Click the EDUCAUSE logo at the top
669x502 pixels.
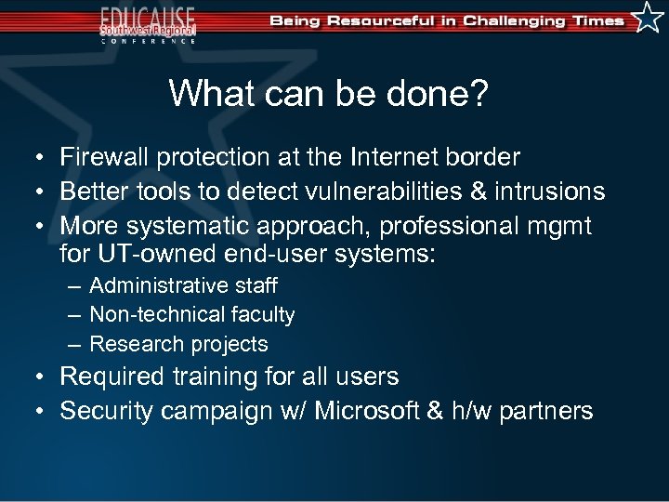click(149, 23)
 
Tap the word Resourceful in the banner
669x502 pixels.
click(381, 20)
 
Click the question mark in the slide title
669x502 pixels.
click(479, 93)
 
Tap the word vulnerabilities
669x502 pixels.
click(395, 192)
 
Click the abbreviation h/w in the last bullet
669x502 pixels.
click(466, 411)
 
